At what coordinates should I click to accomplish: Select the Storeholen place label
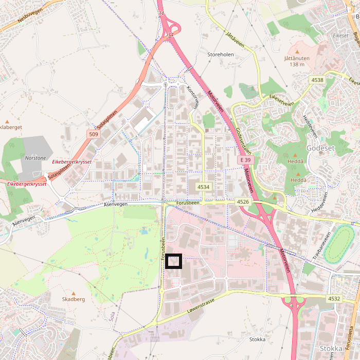pos(220,54)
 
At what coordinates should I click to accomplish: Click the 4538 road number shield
pos(317,80)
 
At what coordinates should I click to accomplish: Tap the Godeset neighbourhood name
pos(320,148)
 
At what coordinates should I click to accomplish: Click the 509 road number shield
pos(93,135)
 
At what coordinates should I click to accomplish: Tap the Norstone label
pos(35,158)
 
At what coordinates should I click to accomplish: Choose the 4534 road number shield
pos(204,187)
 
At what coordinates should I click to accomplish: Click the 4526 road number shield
pos(243,203)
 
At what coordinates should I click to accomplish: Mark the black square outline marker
pos(174,261)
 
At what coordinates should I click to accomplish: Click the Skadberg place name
pos(73,299)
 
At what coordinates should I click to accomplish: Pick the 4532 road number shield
pos(334,298)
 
